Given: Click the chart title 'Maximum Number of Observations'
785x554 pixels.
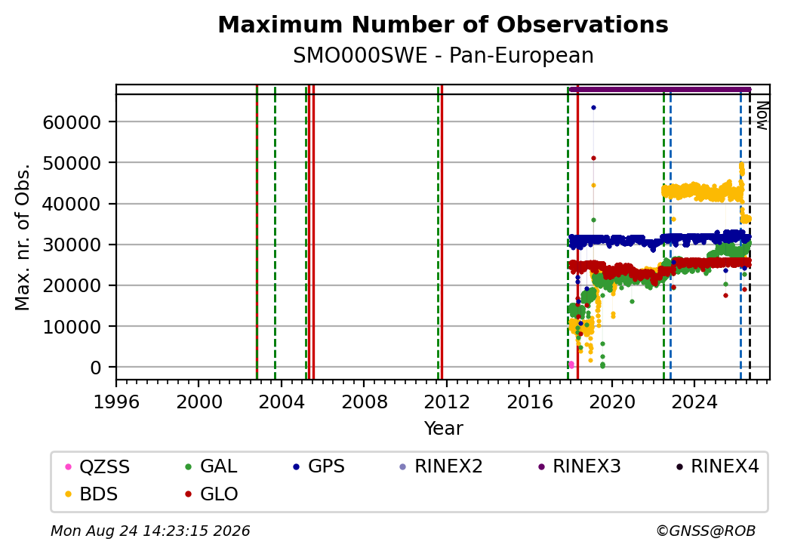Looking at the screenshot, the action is tap(443, 24).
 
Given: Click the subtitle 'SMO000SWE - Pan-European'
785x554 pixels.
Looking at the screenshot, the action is tap(443, 56).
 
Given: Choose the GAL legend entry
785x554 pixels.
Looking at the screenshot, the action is tap(211, 466).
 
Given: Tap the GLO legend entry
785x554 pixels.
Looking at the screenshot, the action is tap(211, 494).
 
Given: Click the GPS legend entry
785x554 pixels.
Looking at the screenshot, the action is tap(319, 466).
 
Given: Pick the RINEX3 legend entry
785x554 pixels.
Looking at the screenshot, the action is tap(579, 466).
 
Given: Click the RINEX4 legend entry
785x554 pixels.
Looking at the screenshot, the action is tap(717, 466).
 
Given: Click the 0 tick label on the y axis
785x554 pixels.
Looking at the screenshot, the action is tap(96, 368).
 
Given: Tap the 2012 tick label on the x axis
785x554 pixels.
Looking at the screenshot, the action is tap(446, 402).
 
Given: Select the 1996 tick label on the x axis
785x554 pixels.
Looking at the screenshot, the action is tap(116, 402).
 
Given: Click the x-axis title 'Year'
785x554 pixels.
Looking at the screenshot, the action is tap(443, 429).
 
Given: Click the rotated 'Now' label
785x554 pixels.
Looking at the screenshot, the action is tap(762, 115).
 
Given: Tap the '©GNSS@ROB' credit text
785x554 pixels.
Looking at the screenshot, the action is tap(706, 531).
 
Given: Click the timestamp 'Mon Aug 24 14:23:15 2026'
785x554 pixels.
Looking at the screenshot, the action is tap(150, 531).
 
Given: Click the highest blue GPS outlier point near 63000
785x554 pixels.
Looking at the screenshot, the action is tap(593, 108).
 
